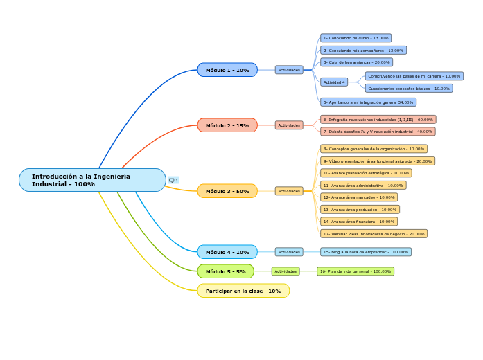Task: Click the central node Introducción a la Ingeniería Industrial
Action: pos(92,180)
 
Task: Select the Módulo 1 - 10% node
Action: pos(227,70)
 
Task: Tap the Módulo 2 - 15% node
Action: pos(227,125)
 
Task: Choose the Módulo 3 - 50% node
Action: pos(227,191)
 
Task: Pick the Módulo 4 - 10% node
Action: pos(227,252)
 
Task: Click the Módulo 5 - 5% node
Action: pos(225,271)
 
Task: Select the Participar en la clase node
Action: pos(243,291)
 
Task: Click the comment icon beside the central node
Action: pos(173,181)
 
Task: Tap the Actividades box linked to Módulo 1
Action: pos(289,70)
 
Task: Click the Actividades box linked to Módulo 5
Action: pos(286,271)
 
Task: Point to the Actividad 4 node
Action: pos(334,82)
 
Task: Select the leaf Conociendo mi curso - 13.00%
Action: pos(355,38)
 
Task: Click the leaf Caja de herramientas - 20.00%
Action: pos(356,62)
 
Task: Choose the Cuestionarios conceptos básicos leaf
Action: pos(409,89)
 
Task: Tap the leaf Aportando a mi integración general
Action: pos(368,102)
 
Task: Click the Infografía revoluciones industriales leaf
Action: pos(378,120)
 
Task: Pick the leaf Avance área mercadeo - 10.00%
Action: pos(359,197)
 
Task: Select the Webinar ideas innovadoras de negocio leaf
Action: pos(374,234)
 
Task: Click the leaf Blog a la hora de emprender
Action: pos(366,252)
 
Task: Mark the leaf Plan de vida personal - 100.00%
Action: pos(355,271)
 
